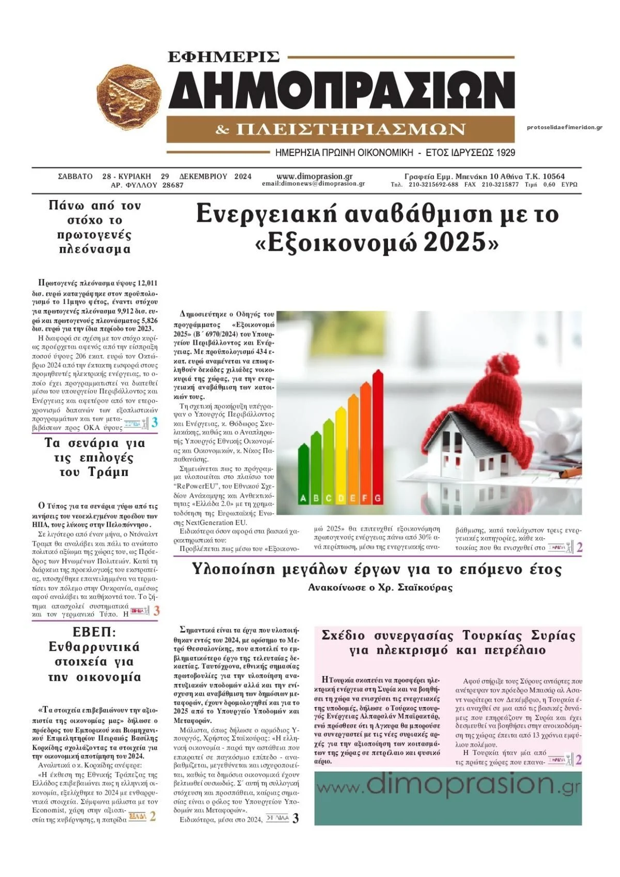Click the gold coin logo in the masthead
coord(129,98)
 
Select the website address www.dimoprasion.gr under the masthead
coord(314,176)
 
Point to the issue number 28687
coord(173,185)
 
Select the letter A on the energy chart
coord(303,499)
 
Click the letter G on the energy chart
coord(378,499)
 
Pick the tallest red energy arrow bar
coord(378,434)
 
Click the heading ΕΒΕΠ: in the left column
coord(95,632)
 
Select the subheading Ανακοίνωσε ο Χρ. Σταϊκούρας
coord(380,588)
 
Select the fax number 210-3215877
coord(500,184)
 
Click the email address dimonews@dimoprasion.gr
coord(313,183)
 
